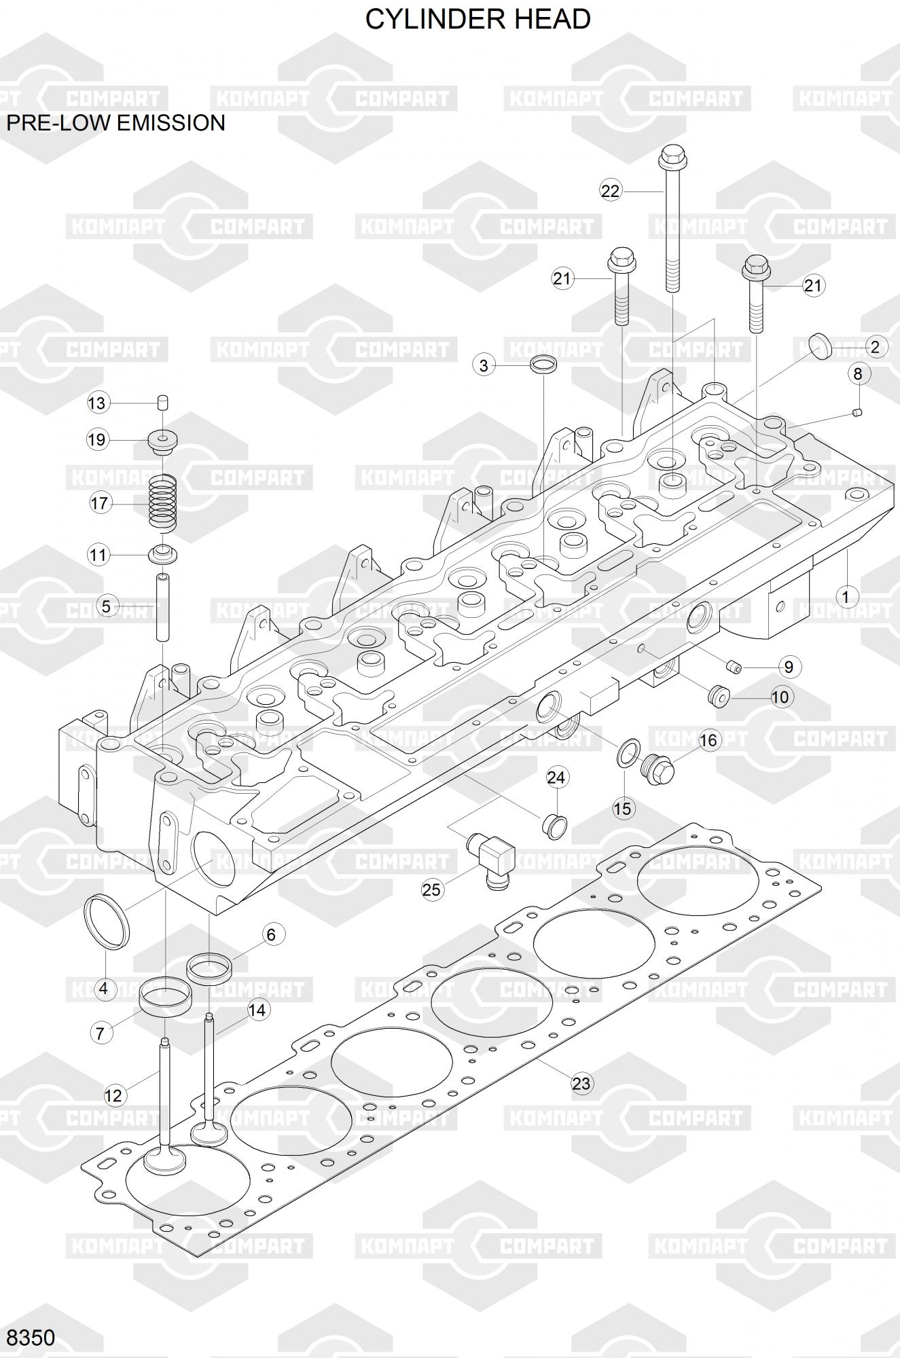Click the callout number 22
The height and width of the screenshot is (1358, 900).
tap(611, 191)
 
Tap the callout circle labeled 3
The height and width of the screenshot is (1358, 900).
tap(484, 365)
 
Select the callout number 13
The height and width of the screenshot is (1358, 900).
tap(97, 403)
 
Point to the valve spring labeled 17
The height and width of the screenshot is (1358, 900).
tap(163, 502)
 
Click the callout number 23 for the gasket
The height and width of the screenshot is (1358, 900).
tap(581, 1083)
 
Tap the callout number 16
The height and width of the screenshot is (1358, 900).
tap(708, 739)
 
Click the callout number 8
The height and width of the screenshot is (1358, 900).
tap(858, 373)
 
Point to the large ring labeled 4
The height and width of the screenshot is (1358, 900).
tap(107, 922)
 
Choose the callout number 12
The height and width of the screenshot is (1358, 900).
tap(113, 1095)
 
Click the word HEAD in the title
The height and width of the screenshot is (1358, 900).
tap(552, 19)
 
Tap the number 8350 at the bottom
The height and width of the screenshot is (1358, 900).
tap(31, 1338)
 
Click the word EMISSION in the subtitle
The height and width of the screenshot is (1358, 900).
tap(172, 123)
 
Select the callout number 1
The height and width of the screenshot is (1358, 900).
tap(846, 598)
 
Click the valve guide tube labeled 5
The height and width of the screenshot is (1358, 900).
tap(163, 607)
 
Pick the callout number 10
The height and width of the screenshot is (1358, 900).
tap(780, 697)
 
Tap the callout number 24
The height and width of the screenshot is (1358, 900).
tap(556, 777)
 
